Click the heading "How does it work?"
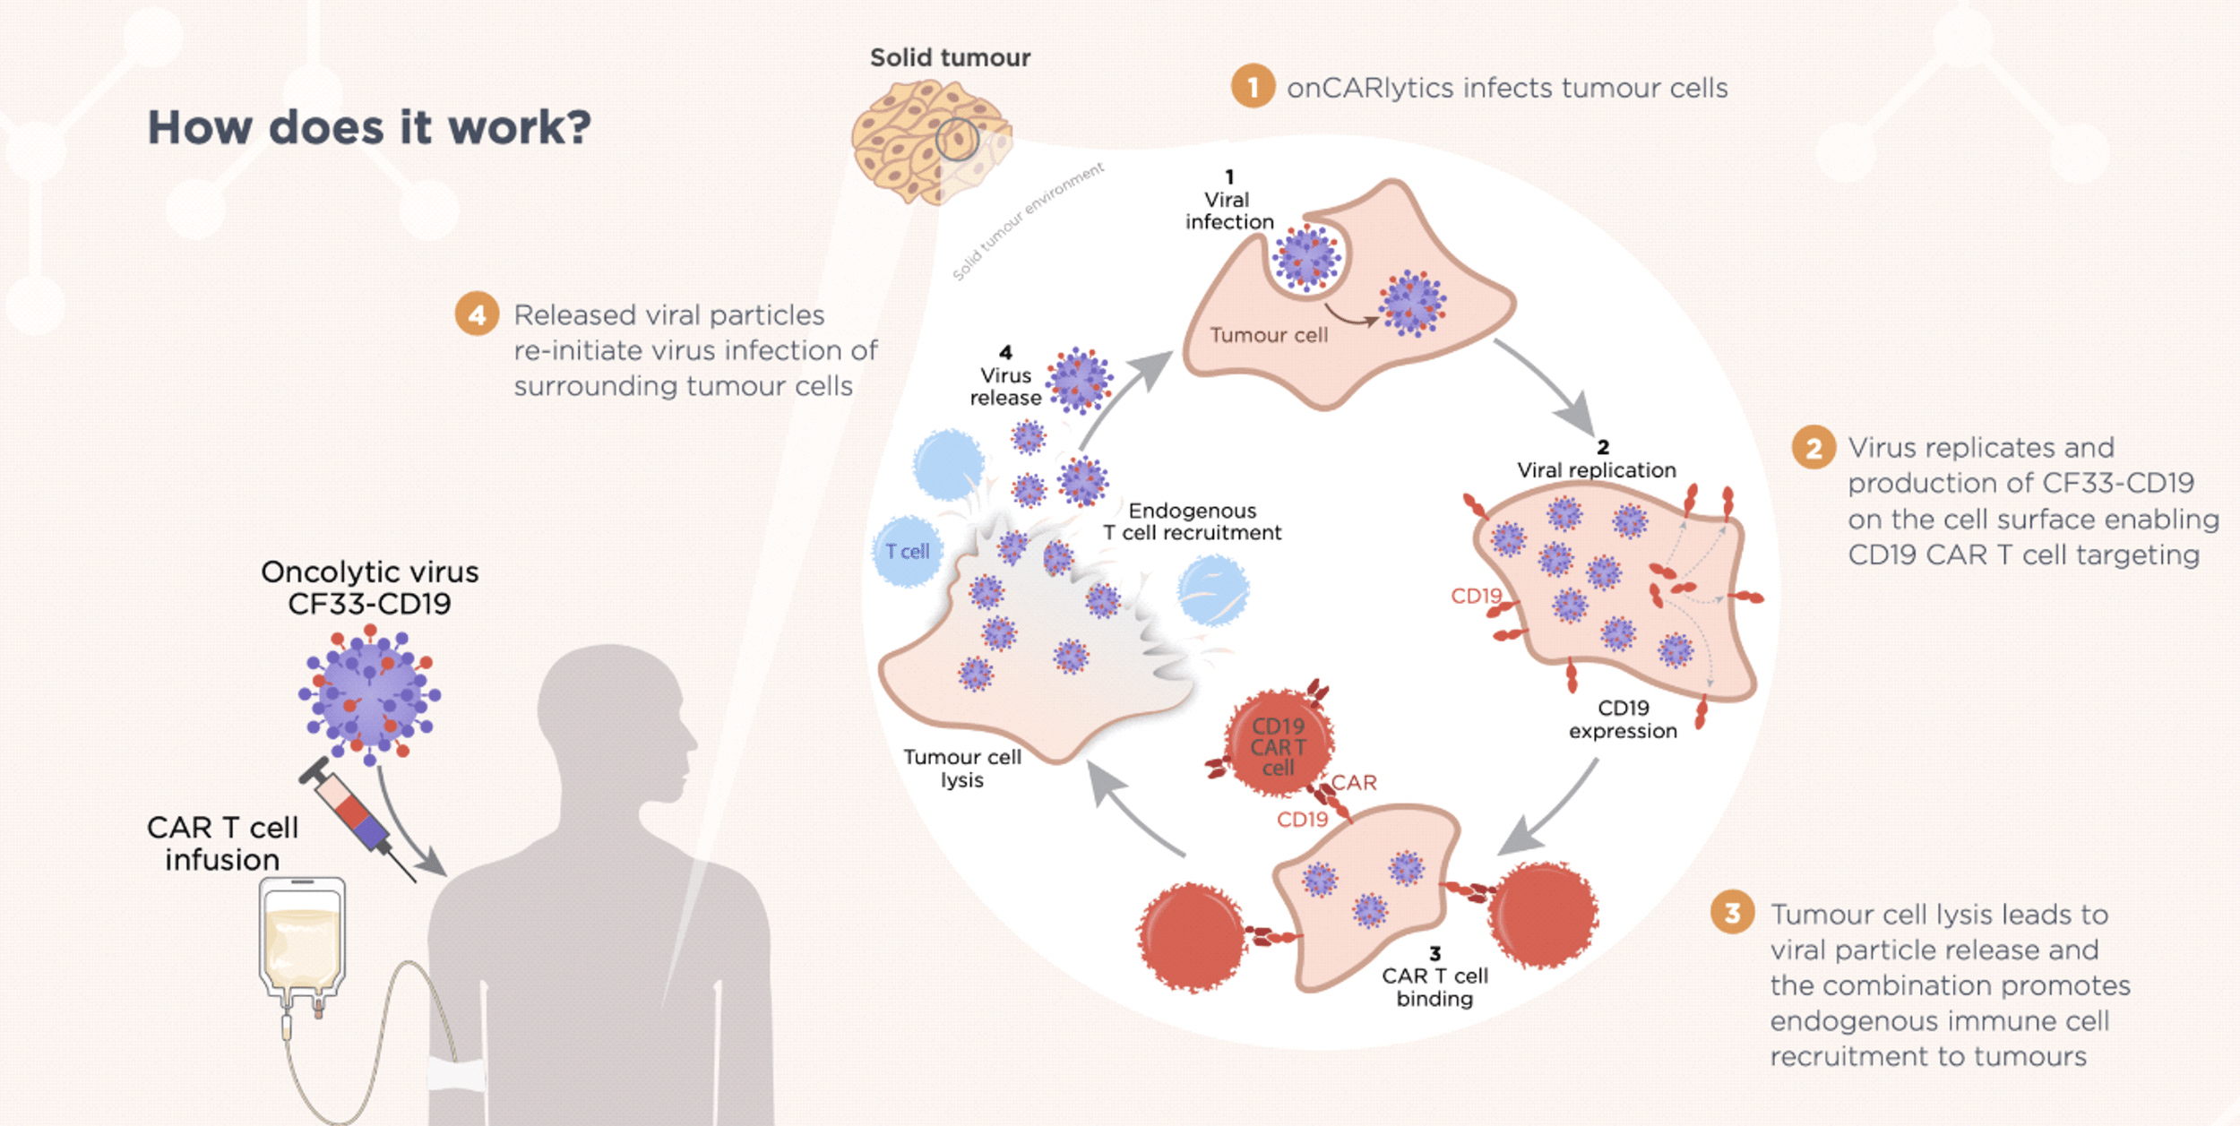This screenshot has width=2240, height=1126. [369, 127]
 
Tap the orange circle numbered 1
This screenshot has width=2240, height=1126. [1253, 87]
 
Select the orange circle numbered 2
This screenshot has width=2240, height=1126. [1814, 448]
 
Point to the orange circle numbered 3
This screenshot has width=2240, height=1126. [1732, 913]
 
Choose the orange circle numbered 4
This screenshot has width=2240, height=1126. [477, 314]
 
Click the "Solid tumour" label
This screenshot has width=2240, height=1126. [950, 58]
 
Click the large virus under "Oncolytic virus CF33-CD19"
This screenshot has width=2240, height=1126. [370, 694]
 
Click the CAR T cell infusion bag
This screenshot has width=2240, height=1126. [302, 941]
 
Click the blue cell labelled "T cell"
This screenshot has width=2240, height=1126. [907, 551]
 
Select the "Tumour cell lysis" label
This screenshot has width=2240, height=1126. [961, 769]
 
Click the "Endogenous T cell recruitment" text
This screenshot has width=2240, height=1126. [1192, 521]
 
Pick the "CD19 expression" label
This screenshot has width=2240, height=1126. [1623, 719]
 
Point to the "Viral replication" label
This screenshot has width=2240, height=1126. [1596, 469]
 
